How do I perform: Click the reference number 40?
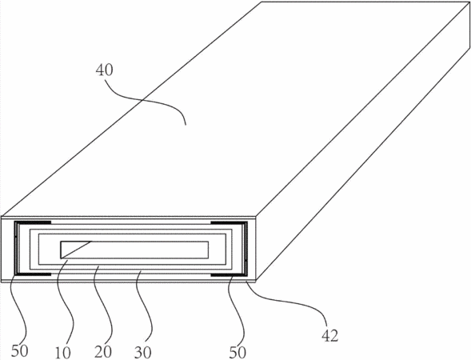(105, 70)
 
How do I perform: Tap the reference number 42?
(329, 336)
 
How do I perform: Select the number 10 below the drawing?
(63, 352)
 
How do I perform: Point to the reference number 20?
(103, 351)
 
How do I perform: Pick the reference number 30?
(142, 352)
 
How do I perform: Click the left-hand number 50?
(20, 350)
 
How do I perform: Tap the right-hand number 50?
(237, 352)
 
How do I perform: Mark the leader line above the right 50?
(237, 310)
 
